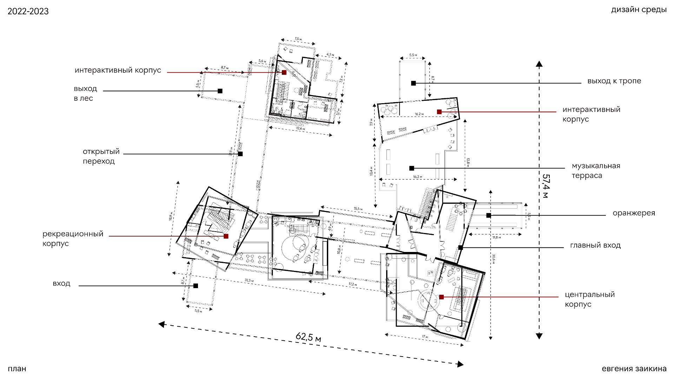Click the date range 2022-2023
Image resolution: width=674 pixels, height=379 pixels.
(28, 12)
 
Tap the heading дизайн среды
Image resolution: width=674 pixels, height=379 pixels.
(639, 10)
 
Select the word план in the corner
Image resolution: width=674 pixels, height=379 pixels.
(17, 369)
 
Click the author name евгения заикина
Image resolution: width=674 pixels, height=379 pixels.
(634, 369)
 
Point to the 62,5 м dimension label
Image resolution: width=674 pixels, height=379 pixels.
(308, 337)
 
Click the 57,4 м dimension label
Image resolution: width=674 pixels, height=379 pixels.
(545, 186)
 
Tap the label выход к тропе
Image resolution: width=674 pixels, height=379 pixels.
(614, 81)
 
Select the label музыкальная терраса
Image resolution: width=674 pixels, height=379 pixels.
(596, 171)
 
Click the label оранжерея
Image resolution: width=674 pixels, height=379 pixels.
(634, 213)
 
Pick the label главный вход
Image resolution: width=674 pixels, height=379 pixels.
(595, 245)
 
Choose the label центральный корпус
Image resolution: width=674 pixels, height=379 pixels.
(590, 299)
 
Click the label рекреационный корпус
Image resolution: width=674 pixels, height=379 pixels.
(73, 239)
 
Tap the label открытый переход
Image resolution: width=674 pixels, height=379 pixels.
(101, 156)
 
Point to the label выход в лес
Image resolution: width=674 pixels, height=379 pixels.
(85, 93)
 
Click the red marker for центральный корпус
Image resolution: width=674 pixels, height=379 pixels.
(442, 297)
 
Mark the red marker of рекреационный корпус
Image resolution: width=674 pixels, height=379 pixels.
(226, 236)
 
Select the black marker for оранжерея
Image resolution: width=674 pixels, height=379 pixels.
(488, 215)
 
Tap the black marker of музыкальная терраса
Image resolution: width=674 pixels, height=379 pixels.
(412, 168)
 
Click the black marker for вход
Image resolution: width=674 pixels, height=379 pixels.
(196, 286)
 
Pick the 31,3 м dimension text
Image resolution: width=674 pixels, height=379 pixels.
(249, 280)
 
